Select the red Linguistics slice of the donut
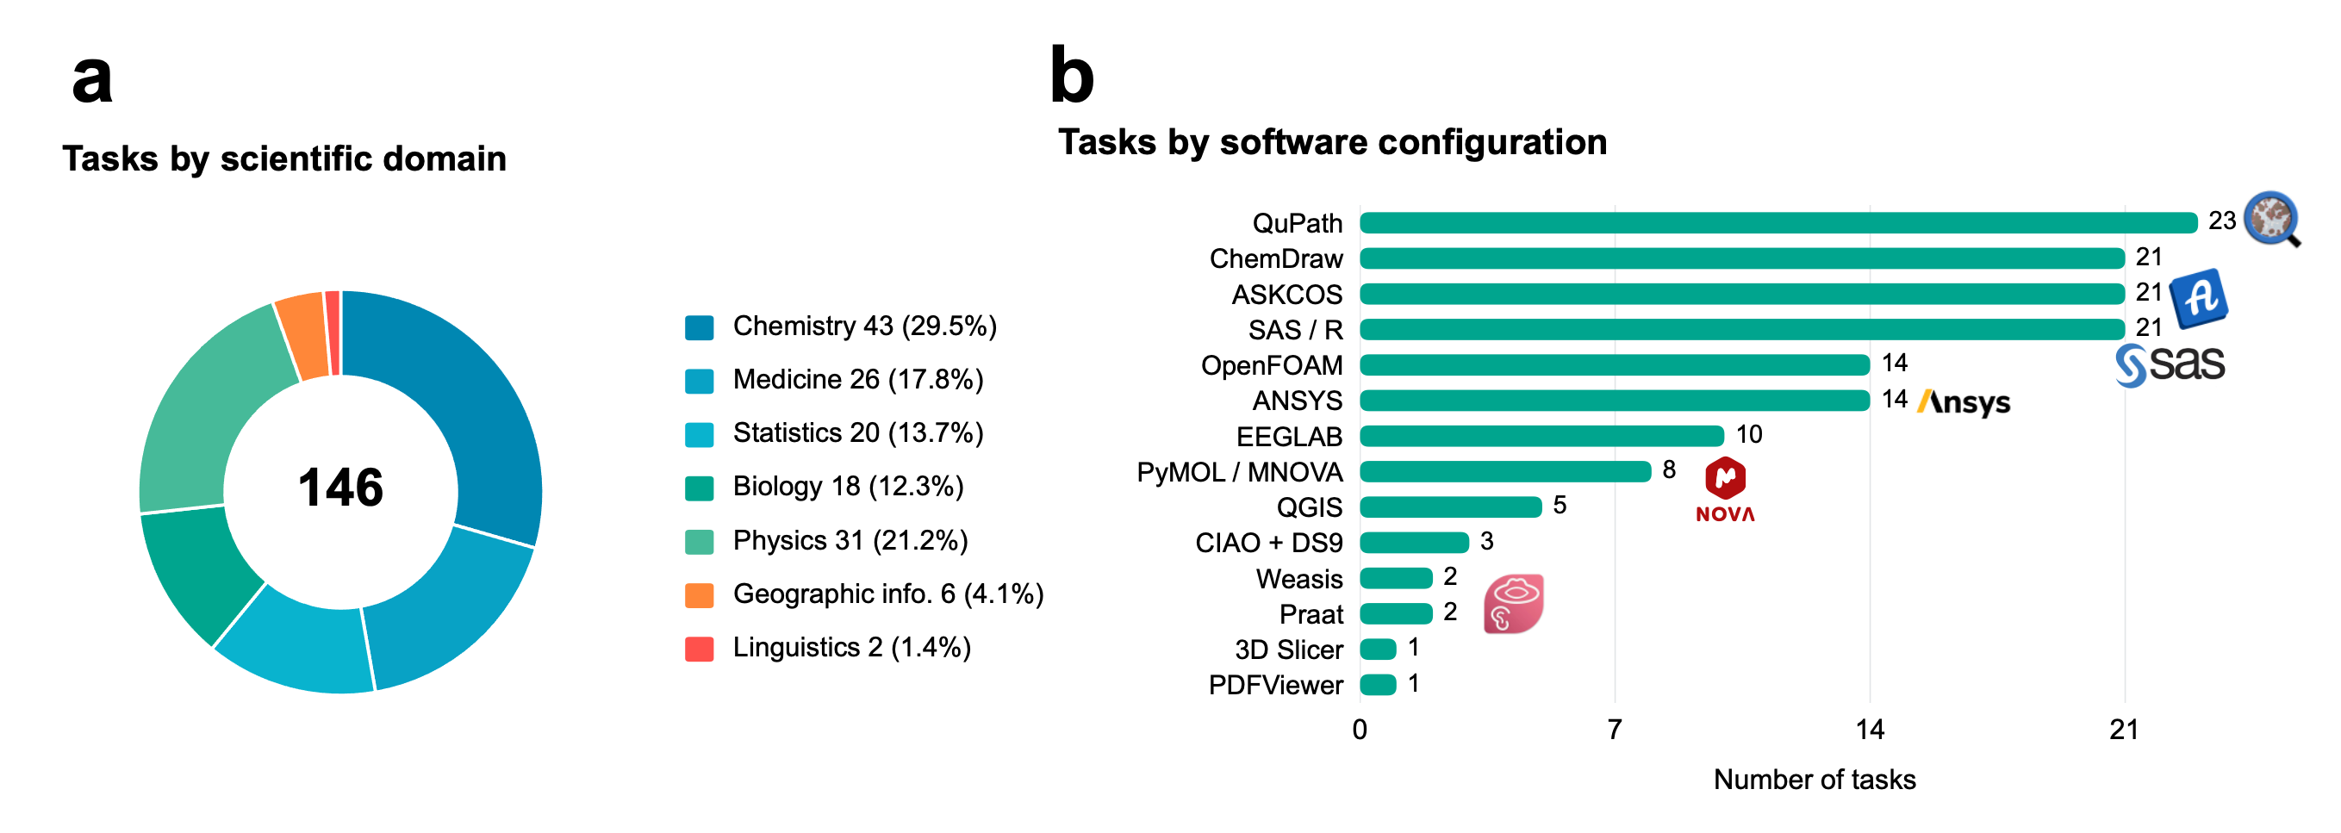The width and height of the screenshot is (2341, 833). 333,333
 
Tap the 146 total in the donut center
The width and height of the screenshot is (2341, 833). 341,487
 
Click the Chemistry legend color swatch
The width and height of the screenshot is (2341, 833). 699,327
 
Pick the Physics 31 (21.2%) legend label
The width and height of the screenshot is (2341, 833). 850,540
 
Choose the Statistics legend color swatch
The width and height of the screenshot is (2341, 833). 699,434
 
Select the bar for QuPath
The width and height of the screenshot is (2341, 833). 1778,222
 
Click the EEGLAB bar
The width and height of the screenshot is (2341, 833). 1542,436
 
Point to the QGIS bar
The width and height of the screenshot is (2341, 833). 1450,507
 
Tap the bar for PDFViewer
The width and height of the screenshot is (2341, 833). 1378,685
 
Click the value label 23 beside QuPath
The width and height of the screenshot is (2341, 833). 2222,221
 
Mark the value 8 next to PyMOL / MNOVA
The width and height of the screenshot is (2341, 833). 1668,469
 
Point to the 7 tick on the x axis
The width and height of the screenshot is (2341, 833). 1614,730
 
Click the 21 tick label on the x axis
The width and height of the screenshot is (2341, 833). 2124,730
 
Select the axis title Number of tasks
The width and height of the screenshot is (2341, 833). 1814,780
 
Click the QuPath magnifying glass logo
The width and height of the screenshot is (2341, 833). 2272,219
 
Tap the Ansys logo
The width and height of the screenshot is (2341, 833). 1964,401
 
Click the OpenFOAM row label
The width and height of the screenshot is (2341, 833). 1272,365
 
